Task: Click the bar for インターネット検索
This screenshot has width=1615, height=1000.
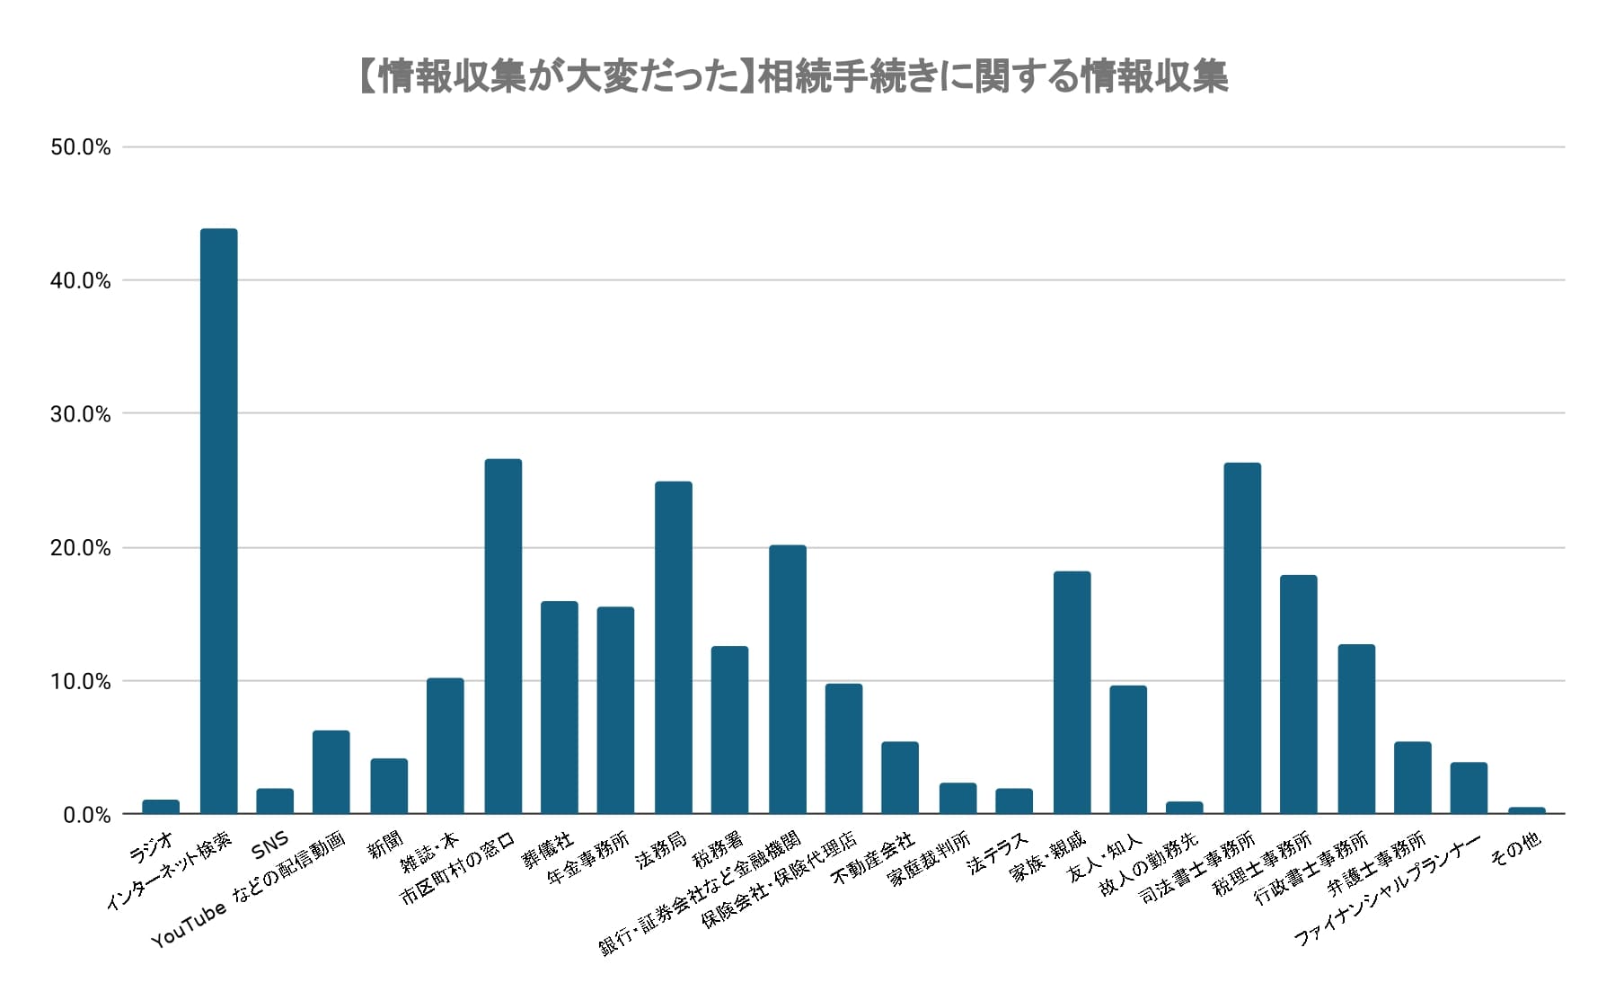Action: tap(218, 521)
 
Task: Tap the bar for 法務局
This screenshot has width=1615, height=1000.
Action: tap(673, 647)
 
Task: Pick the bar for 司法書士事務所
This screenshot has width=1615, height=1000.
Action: tap(1242, 638)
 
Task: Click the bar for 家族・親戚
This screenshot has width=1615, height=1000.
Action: tap(1072, 692)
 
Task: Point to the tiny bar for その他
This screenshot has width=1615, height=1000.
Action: tap(1526, 810)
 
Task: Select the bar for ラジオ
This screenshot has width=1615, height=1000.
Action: tap(161, 807)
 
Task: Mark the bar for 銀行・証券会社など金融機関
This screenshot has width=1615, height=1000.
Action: tap(787, 679)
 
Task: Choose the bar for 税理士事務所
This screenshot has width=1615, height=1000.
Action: tap(1298, 694)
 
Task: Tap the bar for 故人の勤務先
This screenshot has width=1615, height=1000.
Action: tap(1184, 808)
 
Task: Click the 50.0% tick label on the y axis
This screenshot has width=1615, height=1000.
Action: tap(81, 148)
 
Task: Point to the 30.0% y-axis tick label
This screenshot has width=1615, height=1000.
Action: tap(81, 415)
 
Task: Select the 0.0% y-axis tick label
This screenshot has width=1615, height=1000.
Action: tap(86, 816)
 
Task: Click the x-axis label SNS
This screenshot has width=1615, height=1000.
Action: tap(269, 845)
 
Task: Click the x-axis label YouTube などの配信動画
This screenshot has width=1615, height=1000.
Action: tap(248, 889)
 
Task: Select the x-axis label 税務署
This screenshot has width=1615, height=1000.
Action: tap(718, 849)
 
